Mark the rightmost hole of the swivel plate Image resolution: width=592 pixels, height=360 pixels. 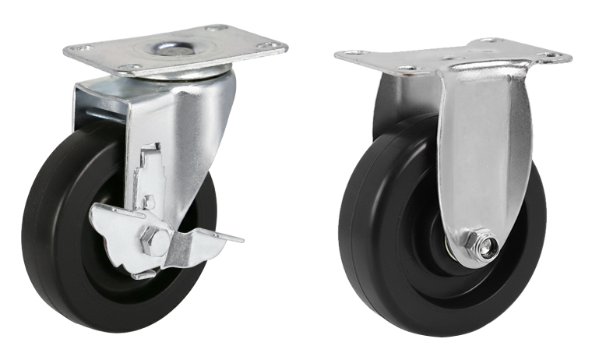click(269, 47)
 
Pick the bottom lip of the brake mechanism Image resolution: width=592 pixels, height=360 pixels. click(144, 274)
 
